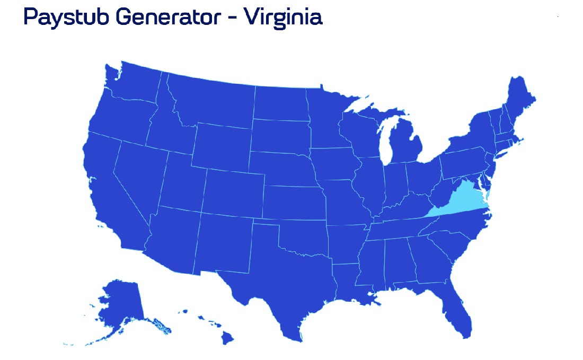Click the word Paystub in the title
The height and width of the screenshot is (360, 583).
pyautogui.click(x=65, y=17)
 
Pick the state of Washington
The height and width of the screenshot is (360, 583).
pyautogui.click(x=132, y=85)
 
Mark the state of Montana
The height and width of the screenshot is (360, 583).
pyautogui.click(x=212, y=101)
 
